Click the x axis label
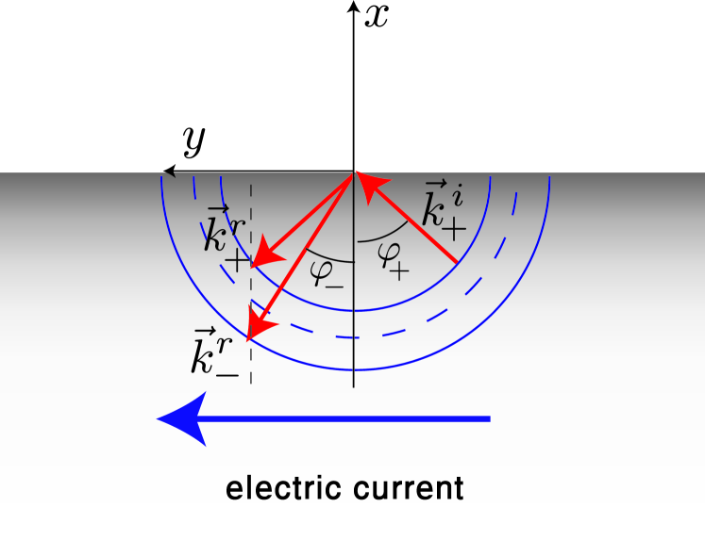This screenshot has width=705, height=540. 378,16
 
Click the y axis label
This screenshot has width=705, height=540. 194,141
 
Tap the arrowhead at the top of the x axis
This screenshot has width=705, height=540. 353,7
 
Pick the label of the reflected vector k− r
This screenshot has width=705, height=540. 213,354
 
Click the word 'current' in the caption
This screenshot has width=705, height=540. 412,489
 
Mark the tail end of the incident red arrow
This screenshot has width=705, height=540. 457,261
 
